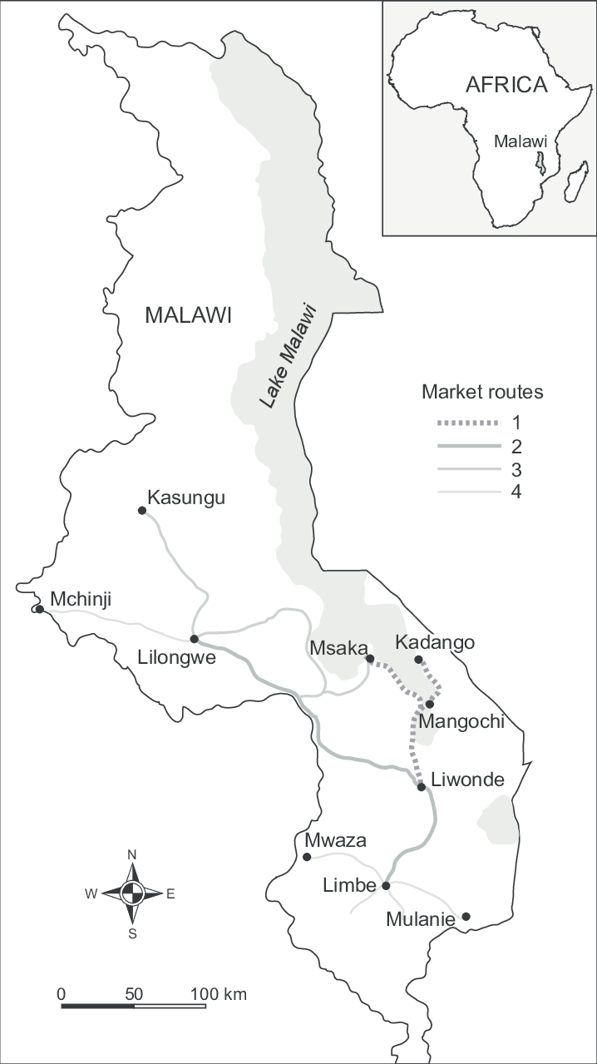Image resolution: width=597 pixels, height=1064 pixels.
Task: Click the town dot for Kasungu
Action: tap(141, 510)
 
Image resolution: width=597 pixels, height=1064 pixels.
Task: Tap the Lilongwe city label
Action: tap(177, 659)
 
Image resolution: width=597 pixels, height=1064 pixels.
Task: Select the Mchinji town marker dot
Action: tap(39, 609)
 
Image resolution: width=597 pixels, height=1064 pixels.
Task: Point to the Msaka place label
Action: tap(334, 648)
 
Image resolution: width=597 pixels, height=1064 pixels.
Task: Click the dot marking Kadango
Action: tap(419, 660)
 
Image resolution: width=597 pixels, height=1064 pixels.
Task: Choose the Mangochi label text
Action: tap(461, 721)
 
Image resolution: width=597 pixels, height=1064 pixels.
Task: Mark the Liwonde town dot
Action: tap(422, 786)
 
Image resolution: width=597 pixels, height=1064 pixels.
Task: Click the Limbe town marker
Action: tap(386, 886)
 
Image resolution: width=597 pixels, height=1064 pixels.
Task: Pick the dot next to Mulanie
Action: tap(466, 917)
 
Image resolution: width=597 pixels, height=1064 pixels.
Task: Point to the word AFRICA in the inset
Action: tap(506, 85)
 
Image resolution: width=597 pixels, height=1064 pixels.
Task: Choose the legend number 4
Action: tap(517, 492)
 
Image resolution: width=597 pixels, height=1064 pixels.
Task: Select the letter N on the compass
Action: tap(132, 855)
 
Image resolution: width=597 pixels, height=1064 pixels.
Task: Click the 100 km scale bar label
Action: tap(219, 994)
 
